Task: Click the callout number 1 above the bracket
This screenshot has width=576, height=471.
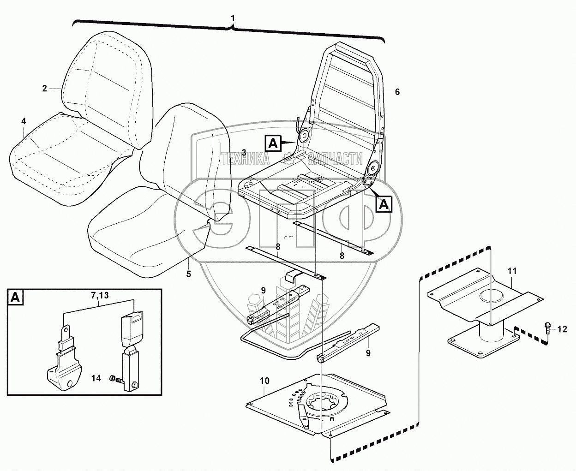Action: click(233, 18)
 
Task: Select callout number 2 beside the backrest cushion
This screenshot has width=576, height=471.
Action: click(45, 88)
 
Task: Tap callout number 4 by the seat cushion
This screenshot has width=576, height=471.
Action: click(24, 121)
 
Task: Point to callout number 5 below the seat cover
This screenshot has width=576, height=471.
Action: click(188, 274)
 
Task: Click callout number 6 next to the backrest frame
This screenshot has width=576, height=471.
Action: click(397, 92)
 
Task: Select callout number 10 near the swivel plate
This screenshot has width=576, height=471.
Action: click(264, 382)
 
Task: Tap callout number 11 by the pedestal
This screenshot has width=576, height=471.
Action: click(513, 272)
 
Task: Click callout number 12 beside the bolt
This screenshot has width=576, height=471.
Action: click(562, 329)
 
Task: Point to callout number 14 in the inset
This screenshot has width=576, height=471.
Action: click(96, 378)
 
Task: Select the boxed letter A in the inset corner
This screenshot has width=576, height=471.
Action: click(15, 298)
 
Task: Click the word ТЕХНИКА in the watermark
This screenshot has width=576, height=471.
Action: click(246, 159)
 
